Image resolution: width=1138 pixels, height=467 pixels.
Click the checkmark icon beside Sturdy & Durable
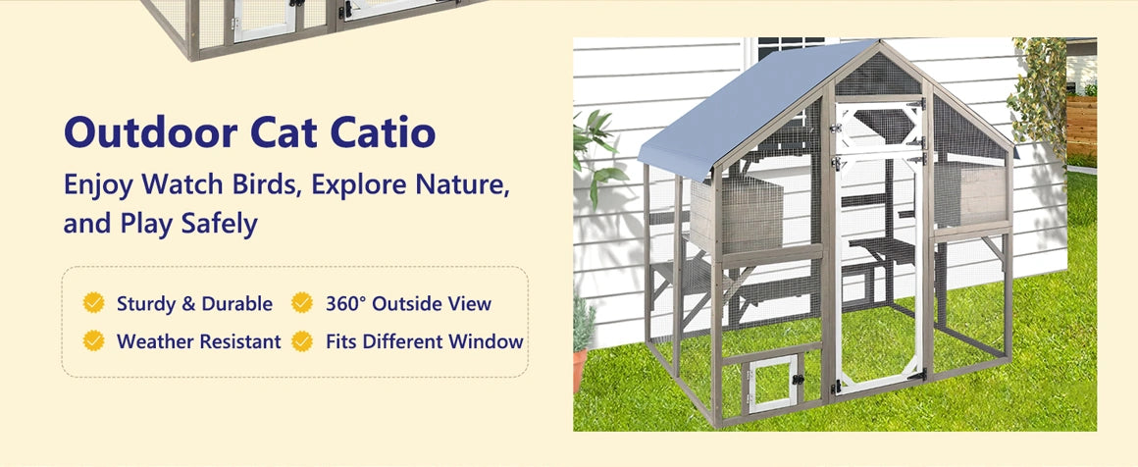93,303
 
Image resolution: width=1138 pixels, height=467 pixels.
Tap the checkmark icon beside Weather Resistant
93,341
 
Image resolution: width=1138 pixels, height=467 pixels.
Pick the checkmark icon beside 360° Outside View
302,303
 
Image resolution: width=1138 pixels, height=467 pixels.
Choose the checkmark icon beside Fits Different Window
302,341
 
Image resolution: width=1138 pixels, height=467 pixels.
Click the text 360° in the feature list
345,304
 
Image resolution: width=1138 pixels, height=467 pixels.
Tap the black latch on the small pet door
799,378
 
